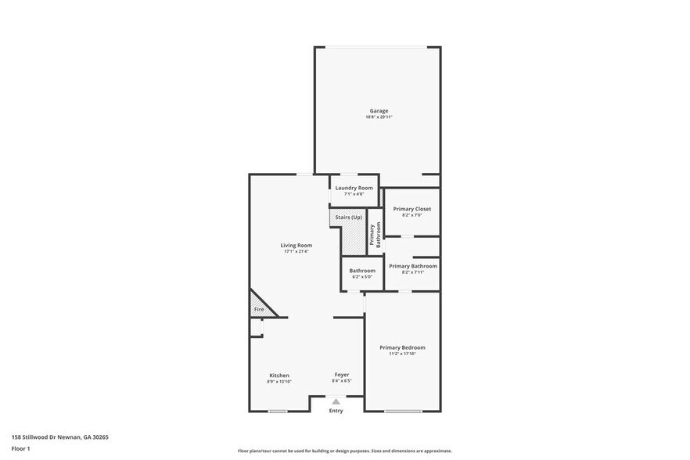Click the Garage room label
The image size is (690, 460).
tap(379, 110)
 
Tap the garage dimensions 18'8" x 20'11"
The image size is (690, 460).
tap(379, 117)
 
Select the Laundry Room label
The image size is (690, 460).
tap(354, 188)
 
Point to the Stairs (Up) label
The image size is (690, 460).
tap(347, 217)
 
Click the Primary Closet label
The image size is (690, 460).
tap(411, 209)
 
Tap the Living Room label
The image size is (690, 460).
tap(296, 245)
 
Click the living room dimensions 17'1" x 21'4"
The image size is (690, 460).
tap(296, 252)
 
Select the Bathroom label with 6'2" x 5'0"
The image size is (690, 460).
tap(362, 271)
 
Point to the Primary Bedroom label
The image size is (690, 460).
tap(402, 347)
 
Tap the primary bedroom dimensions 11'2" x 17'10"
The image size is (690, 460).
tap(402, 354)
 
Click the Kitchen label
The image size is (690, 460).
tap(279, 375)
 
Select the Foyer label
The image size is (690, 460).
tap(342, 375)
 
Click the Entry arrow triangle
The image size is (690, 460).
tap(336, 401)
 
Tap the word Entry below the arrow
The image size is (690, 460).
tap(336, 411)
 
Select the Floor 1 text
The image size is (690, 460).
tap(20, 448)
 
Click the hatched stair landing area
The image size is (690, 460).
tap(357, 240)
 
